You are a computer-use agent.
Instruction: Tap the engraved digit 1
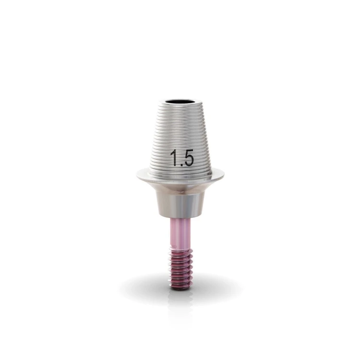174,158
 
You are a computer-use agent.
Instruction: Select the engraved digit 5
188,157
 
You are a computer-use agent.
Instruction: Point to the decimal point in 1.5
180,164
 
